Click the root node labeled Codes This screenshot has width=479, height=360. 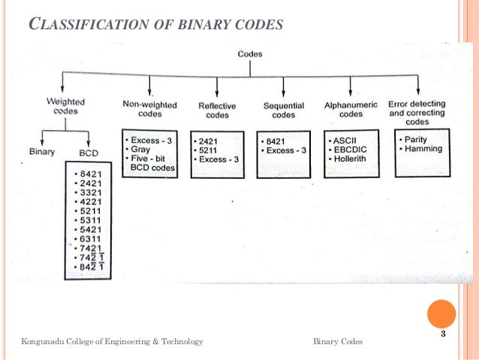249,54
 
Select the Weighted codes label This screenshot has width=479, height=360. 65,106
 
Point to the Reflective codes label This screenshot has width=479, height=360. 217,110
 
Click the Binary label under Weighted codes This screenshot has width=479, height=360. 43,151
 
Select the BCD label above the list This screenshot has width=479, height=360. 88,152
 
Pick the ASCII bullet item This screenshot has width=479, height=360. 347,140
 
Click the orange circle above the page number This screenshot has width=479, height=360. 441,314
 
